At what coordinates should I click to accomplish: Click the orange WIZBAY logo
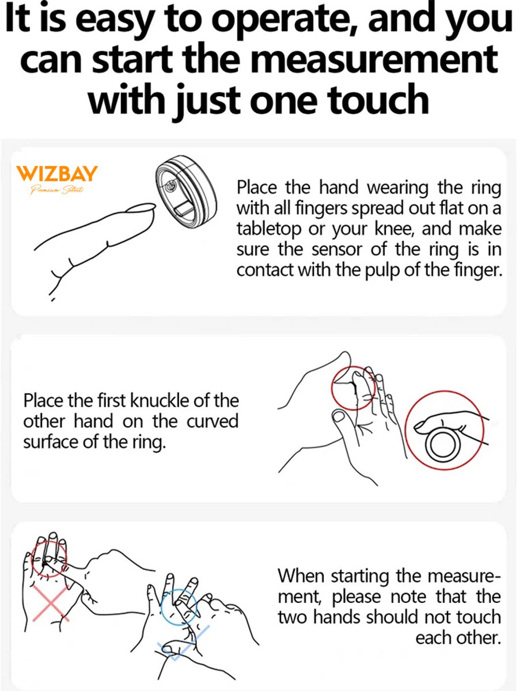pyautogui.click(x=56, y=173)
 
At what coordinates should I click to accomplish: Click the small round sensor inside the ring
pyautogui.click(x=171, y=187)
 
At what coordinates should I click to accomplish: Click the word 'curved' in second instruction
pyautogui.click(x=212, y=422)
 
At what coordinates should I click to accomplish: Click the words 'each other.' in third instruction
pyautogui.click(x=457, y=638)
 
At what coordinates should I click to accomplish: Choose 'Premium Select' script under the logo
pyautogui.click(x=57, y=190)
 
